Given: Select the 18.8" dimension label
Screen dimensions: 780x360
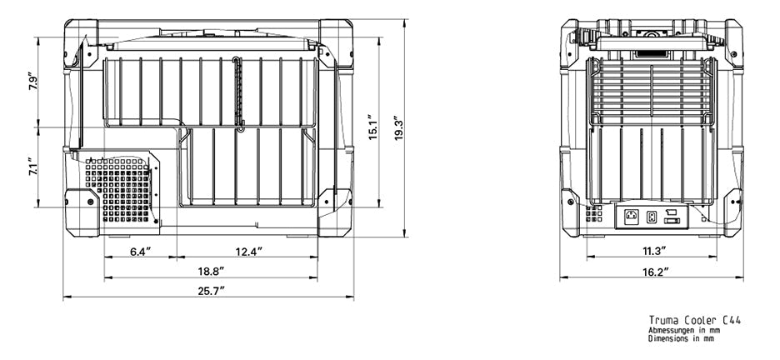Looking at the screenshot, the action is coord(212,271).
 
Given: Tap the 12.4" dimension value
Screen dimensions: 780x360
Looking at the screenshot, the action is coord(248,252).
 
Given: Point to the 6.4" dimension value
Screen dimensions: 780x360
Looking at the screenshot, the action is coord(141,252).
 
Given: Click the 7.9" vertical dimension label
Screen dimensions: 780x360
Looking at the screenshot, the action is coord(32,82).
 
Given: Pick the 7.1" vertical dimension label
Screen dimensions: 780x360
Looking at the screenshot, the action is coord(32,167).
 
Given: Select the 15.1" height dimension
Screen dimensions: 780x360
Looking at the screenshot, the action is coord(373,127).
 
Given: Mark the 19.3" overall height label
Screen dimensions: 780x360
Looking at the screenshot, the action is coord(399,128).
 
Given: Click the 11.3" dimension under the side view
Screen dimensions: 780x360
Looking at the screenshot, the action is coord(652,252).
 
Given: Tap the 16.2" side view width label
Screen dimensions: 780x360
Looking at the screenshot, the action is coord(652,272).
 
